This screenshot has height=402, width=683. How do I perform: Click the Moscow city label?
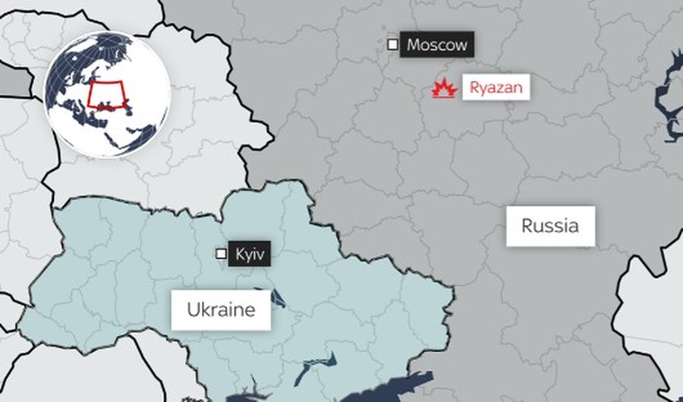pyautogui.click(x=436, y=45)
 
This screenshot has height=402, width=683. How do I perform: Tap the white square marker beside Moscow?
pyautogui.click(x=392, y=45)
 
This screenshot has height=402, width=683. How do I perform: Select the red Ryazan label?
pyautogui.click(x=496, y=88)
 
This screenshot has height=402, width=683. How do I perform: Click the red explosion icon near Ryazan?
pyautogui.click(x=445, y=89)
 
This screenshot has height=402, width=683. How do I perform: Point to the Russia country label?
pyautogui.click(x=550, y=225)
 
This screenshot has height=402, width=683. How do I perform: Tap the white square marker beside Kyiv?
pyautogui.click(x=222, y=254)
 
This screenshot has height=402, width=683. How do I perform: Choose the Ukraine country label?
pyautogui.click(x=221, y=309)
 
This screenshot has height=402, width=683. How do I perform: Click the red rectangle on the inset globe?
pyautogui.click(x=105, y=95)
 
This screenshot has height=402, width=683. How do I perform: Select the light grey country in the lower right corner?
pyautogui.click(x=653, y=319)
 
